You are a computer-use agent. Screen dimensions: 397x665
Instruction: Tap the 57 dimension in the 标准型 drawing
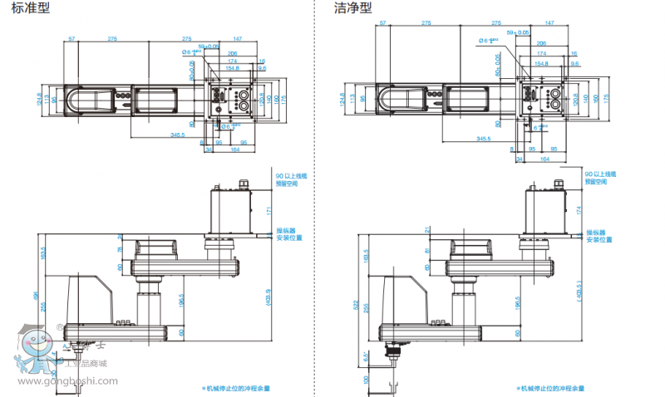click(x=71, y=39)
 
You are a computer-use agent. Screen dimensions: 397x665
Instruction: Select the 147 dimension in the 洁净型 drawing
click(x=549, y=23)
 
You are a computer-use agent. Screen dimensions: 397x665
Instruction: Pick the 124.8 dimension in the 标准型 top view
click(x=39, y=100)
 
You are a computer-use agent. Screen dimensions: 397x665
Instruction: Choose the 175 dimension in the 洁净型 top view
click(x=607, y=98)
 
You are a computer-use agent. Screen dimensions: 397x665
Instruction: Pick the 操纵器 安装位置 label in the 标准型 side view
click(x=287, y=236)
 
